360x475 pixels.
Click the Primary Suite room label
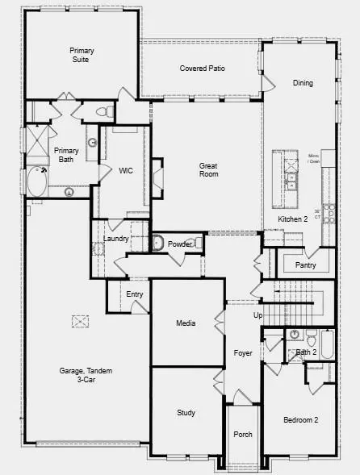click(82, 56)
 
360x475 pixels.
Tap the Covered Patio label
click(202, 69)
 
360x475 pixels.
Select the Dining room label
click(303, 83)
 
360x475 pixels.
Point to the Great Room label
click(209, 169)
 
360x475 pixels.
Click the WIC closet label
click(125, 171)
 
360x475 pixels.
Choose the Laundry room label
click(118, 239)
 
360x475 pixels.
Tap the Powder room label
click(179, 244)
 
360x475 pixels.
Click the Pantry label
click(306, 265)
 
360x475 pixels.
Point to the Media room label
click(186, 323)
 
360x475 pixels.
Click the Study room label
click(186, 413)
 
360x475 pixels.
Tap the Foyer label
click(243, 353)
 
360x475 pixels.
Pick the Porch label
click(243, 435)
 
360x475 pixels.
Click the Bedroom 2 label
click(300, 420)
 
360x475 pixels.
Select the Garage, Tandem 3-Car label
click(86, 375)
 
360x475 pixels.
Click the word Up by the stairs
click(258, 315)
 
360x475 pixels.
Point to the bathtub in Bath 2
click(326, 345)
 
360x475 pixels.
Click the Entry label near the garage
click(135, 294)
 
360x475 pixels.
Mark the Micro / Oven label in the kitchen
click(314, 158)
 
